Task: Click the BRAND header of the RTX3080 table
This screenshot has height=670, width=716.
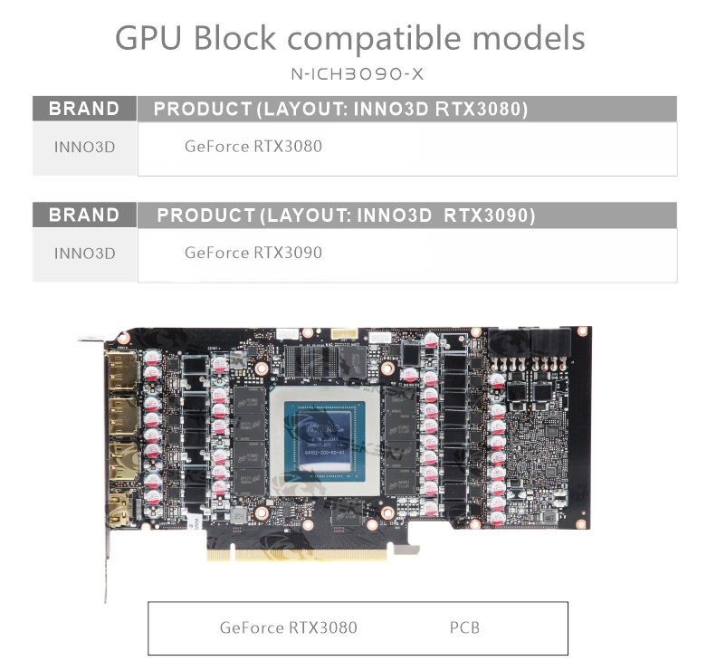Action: point(84,109)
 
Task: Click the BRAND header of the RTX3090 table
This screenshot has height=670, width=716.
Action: point(84,215)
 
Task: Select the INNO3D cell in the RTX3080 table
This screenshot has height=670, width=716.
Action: point(84,147)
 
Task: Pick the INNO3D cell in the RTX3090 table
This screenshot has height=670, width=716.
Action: point(84,254)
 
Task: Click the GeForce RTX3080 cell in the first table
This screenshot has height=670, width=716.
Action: point(253,146)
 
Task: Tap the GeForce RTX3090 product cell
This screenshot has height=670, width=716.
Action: point(253,253)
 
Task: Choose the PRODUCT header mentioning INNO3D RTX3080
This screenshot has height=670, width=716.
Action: point(340,109)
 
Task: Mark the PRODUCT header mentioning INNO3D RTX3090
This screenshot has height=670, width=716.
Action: point(346,215)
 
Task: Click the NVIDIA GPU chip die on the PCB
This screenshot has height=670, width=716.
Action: point(326,440)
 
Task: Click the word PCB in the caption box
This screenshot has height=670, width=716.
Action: point(464,627)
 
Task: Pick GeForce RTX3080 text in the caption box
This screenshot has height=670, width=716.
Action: point(288,627)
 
